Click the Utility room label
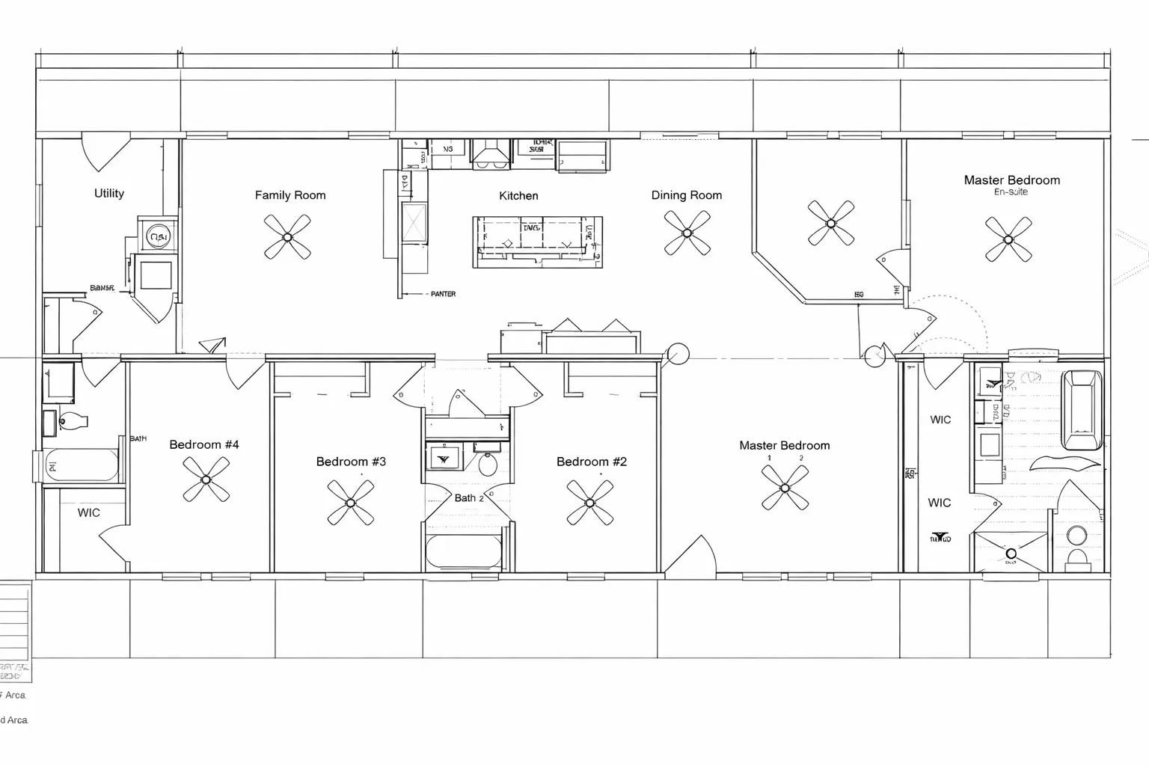tap(109, 194)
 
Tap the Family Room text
tap(290, 195)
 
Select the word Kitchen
tap(518, 196)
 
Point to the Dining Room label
tap(686, 195)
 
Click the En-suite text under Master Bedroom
tap(1011, 192)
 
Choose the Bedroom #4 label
tap(204, 445)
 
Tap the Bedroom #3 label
tap(351, 462)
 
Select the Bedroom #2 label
tap(591, 462)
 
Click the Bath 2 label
tap(468, 498)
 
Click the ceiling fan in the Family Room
tap(287, 237)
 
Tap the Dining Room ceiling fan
tap(687, 232)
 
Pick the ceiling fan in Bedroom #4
tap(206, 479)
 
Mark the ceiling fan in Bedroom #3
tap(350, 503)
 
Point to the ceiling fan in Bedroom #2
tap(590, 503)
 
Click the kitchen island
tap(537, 242)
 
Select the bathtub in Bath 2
tap(464, 553)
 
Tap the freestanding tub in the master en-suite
tap(1082, 410)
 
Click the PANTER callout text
tap(443, 295)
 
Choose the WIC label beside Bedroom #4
tap(88, 513)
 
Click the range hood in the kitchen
tap(490, 153)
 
